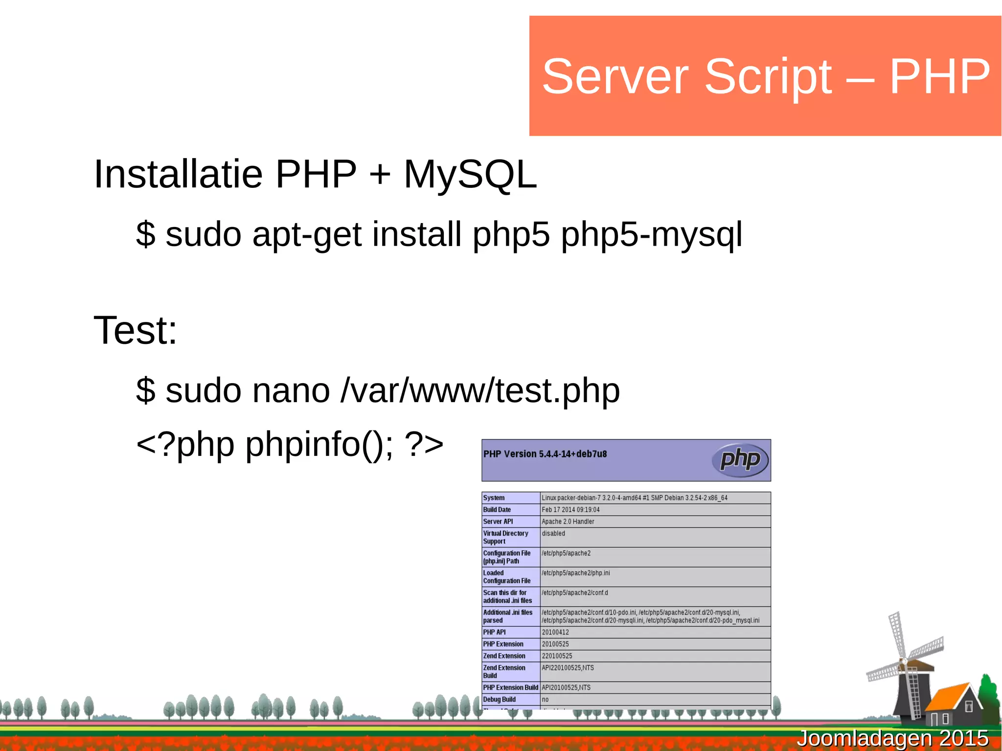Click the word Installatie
pyautogui.click(x=178, y=174)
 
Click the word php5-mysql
pyautogui.click(x=651, y=235)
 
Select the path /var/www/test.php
pyautogui.click(x=480, y=391)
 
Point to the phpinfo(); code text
pyautogui.click(x=319, y=445)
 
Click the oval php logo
pyautogui.click(x=740, y=460)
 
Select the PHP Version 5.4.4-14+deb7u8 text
pyautogui.click(x=545, y=454)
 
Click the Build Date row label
pyautogui.click(x=497, y=510)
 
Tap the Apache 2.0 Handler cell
pyautogui.click(x=568, y=522)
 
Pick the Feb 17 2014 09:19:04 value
pyautogui.click(x=570, y=510)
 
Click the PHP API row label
pyautogui.click(x=494, y=632)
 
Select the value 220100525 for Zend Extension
pyautogui.click(x=557, y=656)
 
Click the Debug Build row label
pyautogui.click(x=499, y=700)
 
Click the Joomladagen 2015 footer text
pyautogui.click(x=892, y=738)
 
